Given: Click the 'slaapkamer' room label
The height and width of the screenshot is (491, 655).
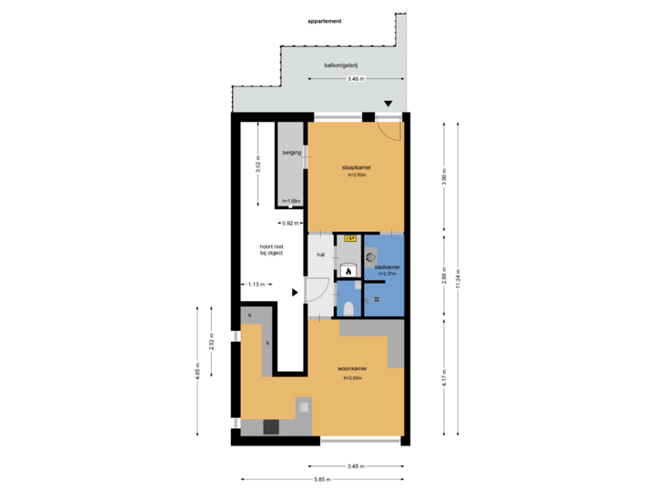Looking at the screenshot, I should click(x=355, y=168).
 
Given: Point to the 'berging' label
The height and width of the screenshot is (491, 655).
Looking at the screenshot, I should click(x=291, y=153).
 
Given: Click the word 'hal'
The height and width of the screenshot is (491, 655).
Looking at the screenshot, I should click(x=320, y=256).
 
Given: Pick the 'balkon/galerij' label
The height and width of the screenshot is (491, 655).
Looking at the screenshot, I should click(x=341, y=65).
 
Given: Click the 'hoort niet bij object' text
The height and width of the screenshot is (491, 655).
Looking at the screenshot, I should click(x=271, y=249).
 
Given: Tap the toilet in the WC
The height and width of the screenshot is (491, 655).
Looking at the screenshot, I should click(x=349, y=307).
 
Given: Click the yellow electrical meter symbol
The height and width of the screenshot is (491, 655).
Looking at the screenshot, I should click(x=349, y=238).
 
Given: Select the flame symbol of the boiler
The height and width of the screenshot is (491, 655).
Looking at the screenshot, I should click(x=348, y=271).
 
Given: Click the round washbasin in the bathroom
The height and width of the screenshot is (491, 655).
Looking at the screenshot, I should click(x=370, y=256).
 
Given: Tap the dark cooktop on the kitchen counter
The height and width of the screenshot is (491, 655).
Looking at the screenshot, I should click(x=271, y=425).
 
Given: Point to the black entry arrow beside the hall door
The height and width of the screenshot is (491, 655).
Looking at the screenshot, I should click(x=295, y=293).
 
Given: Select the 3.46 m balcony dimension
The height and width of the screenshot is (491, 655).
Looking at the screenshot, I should click(x=355, y=80).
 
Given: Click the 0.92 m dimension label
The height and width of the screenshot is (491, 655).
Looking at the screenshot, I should click(x=290, y=223).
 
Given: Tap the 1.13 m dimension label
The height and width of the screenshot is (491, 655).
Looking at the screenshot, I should click(x=256, y=285).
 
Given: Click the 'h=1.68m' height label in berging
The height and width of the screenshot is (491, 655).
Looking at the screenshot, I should click(x=291, y=201).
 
